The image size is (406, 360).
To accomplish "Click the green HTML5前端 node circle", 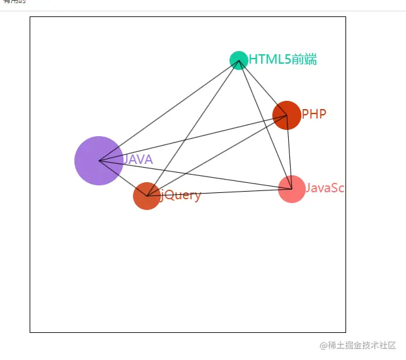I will coord(238,60).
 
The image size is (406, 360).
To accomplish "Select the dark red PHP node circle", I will coord(287,115).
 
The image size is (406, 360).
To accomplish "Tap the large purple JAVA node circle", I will coord(98,161).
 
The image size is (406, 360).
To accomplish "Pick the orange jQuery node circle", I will coord(147,196).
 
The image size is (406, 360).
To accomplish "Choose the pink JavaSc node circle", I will coord(292,189).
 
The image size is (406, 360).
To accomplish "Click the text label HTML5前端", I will coord(282,60).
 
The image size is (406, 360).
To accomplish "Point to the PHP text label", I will coord(314,114).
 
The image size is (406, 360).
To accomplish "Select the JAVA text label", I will coord(138,160).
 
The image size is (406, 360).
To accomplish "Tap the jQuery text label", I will coord(181,195).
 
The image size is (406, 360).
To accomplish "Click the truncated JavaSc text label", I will coord(325,188).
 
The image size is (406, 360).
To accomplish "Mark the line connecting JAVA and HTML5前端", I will coord(168,110).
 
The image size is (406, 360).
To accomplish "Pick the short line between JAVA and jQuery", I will coord(123,178).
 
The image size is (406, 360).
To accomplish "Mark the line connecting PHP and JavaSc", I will coord(289,151).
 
